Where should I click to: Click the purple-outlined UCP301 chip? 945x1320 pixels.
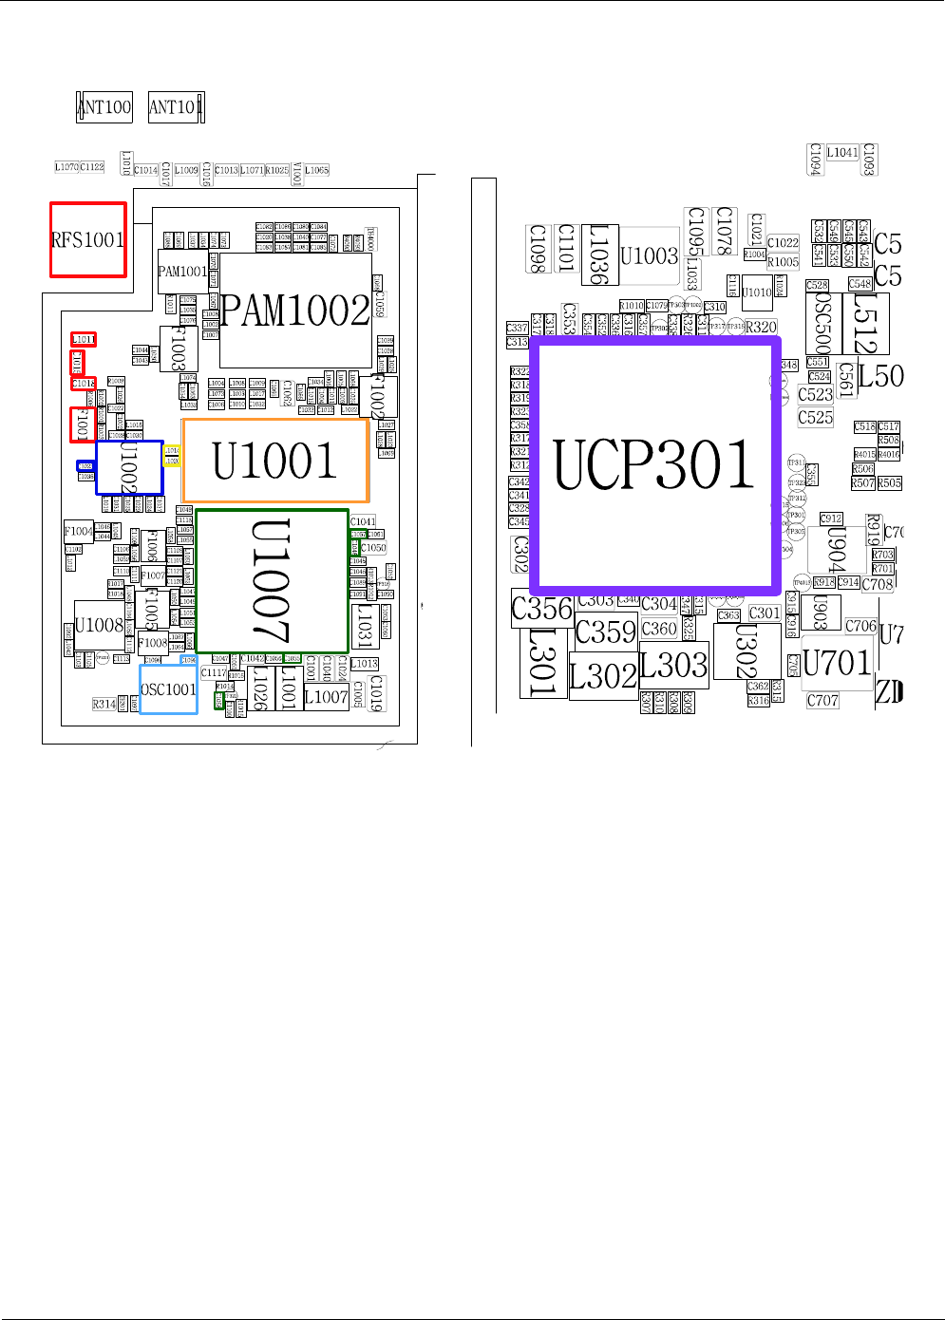coord(654,463)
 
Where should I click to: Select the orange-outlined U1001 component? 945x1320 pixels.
coord(275,461)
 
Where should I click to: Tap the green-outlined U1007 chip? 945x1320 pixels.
coord(273,580)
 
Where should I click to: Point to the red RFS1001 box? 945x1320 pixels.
coord(87,239)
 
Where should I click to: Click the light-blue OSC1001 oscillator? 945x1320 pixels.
coord(168,689)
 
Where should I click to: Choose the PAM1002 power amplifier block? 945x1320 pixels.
coord(295,311)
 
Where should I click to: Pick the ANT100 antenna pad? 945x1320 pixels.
coord(104,106)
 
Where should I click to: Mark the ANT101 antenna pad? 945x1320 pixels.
coord(176,106)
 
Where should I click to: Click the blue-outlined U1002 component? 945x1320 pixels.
coord(129,467)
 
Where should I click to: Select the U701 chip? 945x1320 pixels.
coord(837,662)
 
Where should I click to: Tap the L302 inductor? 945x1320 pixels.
coord(603,676)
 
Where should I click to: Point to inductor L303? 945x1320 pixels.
coord(673,665)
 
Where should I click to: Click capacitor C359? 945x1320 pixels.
coord(606,632)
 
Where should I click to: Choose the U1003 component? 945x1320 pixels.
coord(650,255)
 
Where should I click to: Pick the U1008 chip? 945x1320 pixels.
coord(99,625)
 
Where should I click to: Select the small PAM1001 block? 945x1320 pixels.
coord(182,272)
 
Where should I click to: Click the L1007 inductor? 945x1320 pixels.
coord(326,697)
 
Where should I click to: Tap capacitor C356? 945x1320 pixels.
coord(542,609)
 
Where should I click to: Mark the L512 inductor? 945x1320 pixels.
coord(865,323)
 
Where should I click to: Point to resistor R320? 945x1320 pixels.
coord(761,327)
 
